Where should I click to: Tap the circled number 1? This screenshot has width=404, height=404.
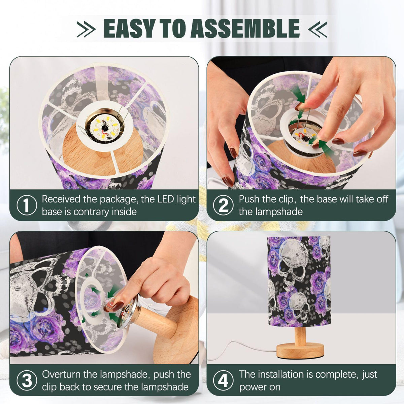[27, 205]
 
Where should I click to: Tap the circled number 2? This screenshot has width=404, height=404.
[223, 205]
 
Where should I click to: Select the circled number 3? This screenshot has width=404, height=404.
[27, 380]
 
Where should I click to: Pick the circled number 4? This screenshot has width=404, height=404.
[223, 380]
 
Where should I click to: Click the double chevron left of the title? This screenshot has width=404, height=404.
[86, 29]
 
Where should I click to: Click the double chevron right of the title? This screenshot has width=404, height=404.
[317, 29]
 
